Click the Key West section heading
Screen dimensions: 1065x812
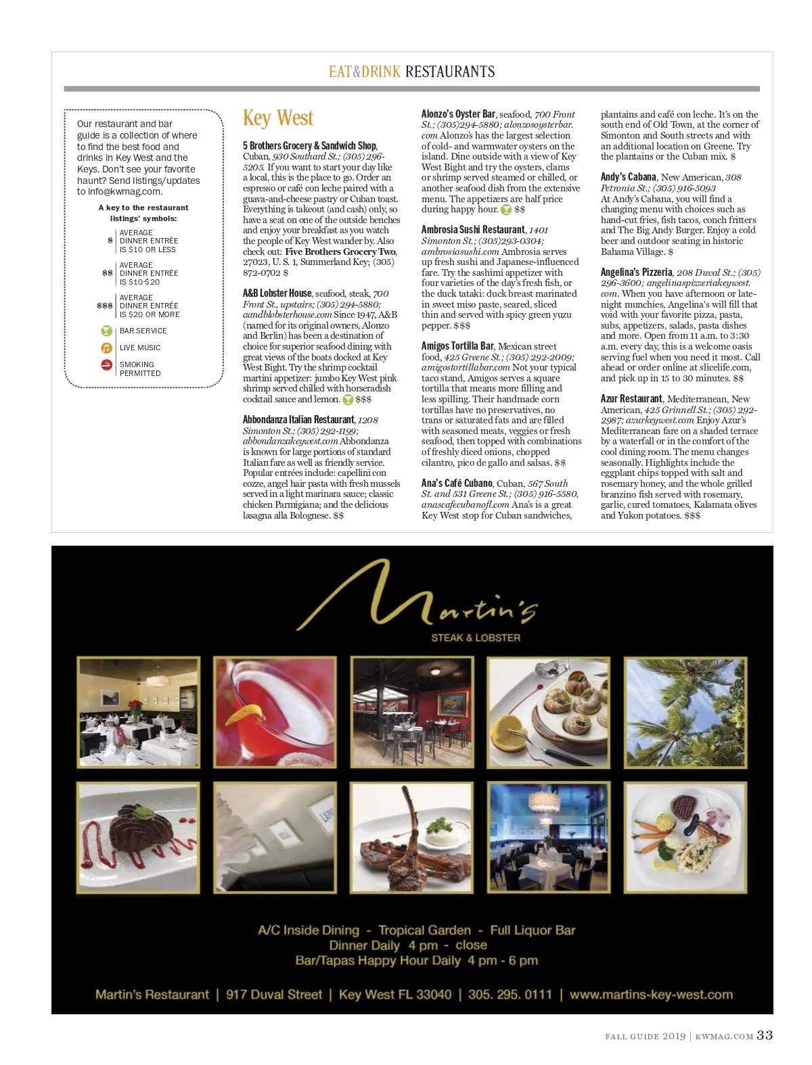[278, 118]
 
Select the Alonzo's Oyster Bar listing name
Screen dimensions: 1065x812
[458, 114]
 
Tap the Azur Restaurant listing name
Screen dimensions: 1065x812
[631, 399]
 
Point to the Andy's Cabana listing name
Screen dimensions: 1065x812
[629, 177]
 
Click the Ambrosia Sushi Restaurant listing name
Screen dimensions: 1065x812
[473, 230]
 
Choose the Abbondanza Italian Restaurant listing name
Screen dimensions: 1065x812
[298, 420]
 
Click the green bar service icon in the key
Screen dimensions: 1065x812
[106, 331]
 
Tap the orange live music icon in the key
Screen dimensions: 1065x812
[106, 348]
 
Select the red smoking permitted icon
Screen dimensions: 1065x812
[106, 365]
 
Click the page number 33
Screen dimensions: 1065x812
[765, 1035]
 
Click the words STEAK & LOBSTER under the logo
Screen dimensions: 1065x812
[476, 638]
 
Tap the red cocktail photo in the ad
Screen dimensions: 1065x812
[275, 712]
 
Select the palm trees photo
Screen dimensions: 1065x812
[685, 712]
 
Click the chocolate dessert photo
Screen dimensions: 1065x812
[138, 836]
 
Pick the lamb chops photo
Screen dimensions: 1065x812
[411, 836]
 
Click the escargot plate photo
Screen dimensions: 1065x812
[548, 712]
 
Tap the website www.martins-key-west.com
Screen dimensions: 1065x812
[651, 995]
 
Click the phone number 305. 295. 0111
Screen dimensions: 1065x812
[510, 995]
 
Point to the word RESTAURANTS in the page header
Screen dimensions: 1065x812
[450, 72]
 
